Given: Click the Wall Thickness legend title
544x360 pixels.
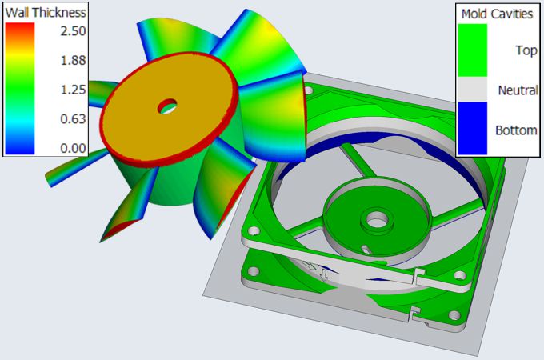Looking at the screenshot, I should [x=45, y=13].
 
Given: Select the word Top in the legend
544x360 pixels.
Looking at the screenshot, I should [x=526, y=50].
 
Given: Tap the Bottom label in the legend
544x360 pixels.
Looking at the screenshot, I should [x=516, y=129].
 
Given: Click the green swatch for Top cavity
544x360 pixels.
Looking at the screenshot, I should [x=472, y=50].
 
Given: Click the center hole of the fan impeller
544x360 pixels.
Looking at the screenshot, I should [x=168, y=105].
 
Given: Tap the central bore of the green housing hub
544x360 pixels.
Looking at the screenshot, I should [x=374, y=218].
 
